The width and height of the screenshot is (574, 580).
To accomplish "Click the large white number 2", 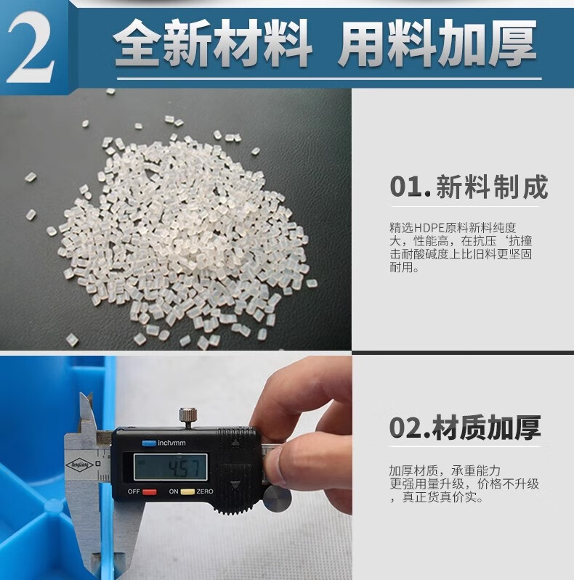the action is tap(32, 47).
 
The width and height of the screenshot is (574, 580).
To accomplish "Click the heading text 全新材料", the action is tap(212, 44).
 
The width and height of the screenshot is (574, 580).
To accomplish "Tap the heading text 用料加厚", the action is tap(437, 43).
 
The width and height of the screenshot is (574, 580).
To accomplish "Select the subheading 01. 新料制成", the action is tap(469, 187).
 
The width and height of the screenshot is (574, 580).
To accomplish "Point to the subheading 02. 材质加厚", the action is tap(465, 428).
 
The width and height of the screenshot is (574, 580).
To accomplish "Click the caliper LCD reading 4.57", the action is tap(187, 468).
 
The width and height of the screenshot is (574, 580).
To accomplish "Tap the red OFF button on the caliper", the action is tap(149, 492).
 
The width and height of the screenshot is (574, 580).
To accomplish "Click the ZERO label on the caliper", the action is tap(205, 491).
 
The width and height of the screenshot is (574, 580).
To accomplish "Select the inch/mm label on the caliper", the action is tap(171, 443).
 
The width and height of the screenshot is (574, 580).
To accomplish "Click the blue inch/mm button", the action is tap(149, 443).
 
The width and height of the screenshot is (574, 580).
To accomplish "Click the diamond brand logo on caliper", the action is tap(79, 465).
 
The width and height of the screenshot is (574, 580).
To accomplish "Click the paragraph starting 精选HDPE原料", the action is tap(461, 248).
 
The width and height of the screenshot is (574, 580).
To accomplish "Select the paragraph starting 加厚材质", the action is tap(464, 484).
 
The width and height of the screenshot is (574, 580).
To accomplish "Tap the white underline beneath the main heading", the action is tap(329, 78).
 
